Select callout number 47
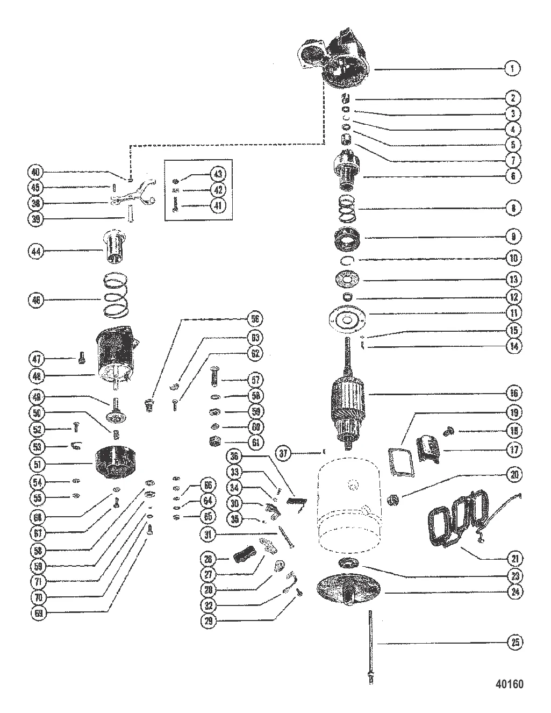tap(35, 358)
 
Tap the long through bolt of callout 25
tap(370, 645)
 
